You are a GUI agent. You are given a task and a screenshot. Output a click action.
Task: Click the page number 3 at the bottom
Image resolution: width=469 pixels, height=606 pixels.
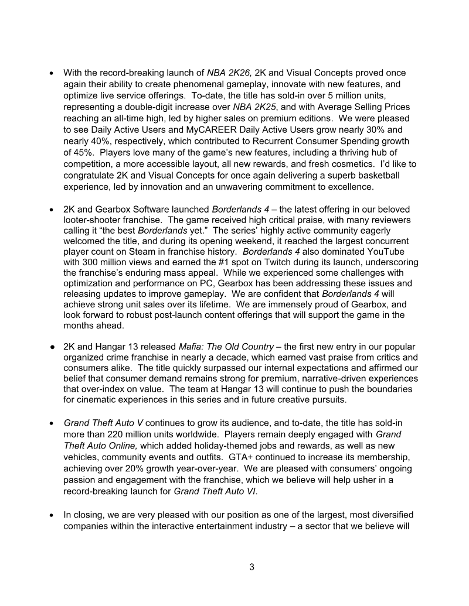(x=252, y=567)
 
